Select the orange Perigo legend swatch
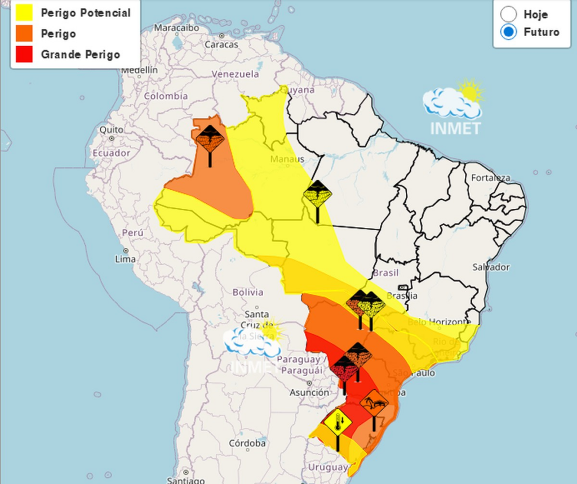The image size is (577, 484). (25, 34)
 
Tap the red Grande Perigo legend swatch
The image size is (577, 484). (25, 55)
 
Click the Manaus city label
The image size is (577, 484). (287, 159)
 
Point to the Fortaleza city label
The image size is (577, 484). (490, 178)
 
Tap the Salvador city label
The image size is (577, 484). (491, 267)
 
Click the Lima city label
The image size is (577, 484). (125, 259)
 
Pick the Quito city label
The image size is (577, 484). (111, 130)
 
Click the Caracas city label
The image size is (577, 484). (221, 44)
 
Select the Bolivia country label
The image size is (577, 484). (247, 292)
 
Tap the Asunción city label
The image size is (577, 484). (309, 392)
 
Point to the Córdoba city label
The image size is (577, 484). (247, 443)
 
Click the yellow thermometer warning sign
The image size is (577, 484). (338, 422)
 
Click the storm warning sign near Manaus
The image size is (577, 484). (317, 194)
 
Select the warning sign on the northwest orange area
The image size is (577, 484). (210, 139)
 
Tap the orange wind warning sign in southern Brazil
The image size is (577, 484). (374, 402)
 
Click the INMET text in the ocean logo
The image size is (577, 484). (455, 128)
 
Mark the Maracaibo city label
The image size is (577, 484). (176, 28)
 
